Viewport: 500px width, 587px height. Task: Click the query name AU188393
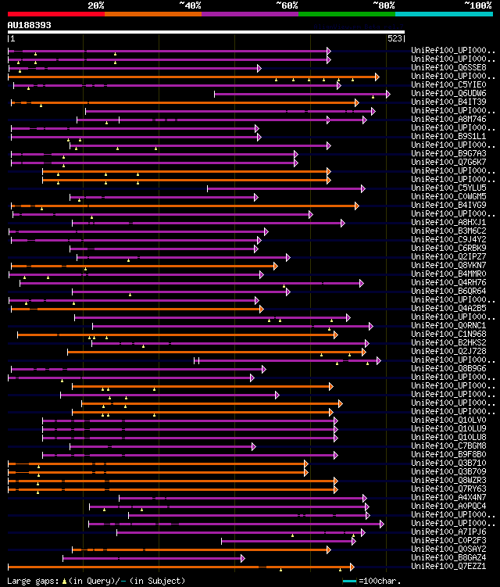click(30, 25)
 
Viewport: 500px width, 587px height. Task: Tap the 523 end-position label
click(395, 38)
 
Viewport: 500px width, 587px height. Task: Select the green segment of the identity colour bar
click(346, 13)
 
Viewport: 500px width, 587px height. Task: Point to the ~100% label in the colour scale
click(477, 5)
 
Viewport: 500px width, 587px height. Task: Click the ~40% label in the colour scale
click(190, 5)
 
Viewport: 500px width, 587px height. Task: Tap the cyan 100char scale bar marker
click(349, 581)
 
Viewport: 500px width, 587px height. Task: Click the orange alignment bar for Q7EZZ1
click(180, 567)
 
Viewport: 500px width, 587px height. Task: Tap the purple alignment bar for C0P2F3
click(289, 541)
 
